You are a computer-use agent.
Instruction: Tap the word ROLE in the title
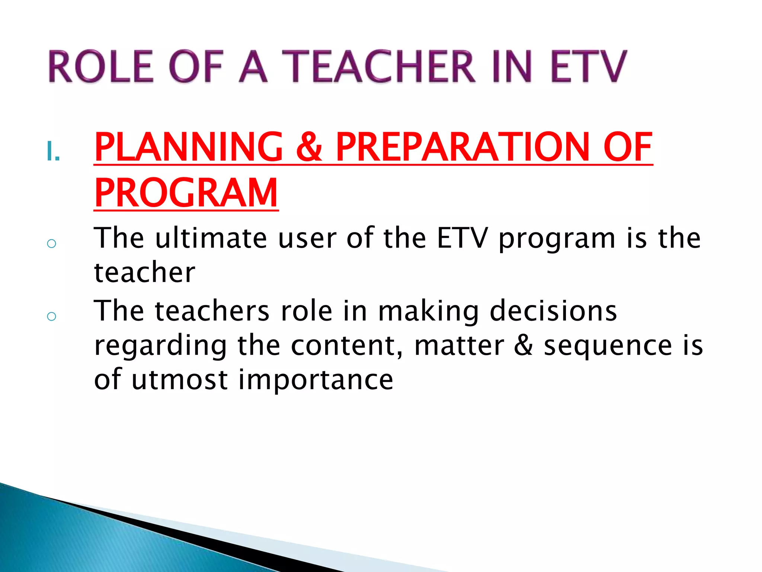click(x=100, y=66)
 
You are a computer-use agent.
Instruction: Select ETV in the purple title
click(x=588, y=66)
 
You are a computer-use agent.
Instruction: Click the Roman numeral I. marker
click(x=53, y=152)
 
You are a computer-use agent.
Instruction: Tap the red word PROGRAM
click(x=186, y=193)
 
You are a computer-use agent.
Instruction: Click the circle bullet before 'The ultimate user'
click(x=52, y=244)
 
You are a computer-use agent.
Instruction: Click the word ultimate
click(x=211, y=238)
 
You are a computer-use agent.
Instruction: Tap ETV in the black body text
click(x=462, y=238)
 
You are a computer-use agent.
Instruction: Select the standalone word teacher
click(x=144, y=273)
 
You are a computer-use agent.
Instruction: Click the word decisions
click(x=553, y=311)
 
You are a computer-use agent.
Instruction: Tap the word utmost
click(x=179, y=380)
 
